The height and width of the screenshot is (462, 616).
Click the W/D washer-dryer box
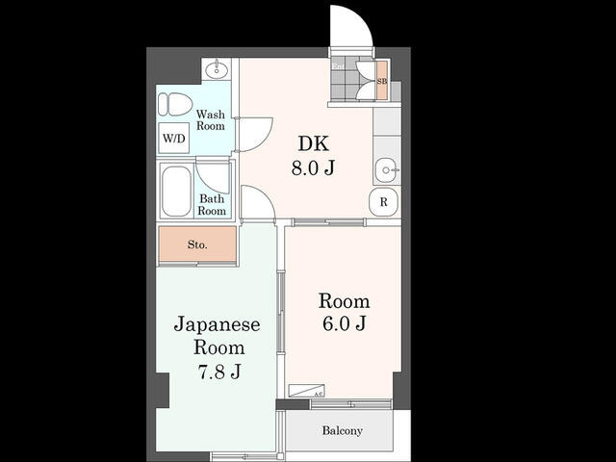point(174,139)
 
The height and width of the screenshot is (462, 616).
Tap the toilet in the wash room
point(176,104)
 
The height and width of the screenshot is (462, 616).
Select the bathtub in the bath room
point(176,192)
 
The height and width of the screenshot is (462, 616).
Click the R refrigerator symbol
point(384,202)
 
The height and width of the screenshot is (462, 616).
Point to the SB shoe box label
point(382,82)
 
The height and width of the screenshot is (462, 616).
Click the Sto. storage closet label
point(197,244)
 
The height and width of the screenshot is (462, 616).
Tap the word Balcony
point(342,430)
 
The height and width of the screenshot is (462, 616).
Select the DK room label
point(314,144)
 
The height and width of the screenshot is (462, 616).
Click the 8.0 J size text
point(314,167)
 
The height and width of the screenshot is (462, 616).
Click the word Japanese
point(218,324)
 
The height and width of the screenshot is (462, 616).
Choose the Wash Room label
point(211,119)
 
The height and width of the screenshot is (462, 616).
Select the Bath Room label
point(212,205)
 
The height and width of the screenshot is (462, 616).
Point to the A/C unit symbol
point(307,391)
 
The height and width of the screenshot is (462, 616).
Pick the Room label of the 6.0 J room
point(344,301)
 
